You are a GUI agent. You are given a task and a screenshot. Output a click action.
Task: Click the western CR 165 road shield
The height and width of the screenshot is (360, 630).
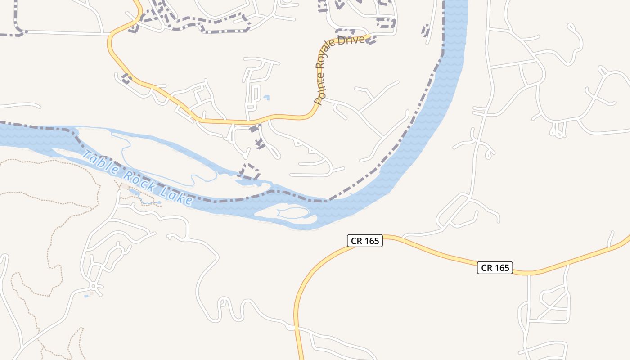(365, 241)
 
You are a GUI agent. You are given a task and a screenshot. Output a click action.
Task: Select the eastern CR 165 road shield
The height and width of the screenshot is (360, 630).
(495, 268)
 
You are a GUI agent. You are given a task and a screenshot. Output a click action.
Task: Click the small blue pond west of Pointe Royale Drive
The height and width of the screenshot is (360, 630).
(266, 97)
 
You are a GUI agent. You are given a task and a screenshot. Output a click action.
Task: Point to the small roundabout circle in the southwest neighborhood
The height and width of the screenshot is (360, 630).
(93, 286)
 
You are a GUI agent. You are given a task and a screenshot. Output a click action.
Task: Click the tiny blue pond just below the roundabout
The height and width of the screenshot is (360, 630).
(87, 296)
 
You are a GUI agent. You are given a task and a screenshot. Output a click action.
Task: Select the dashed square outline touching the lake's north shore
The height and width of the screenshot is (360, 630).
(250, 171)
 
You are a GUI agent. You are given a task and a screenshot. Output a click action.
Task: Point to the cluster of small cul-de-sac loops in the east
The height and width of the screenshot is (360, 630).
(558, 130)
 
